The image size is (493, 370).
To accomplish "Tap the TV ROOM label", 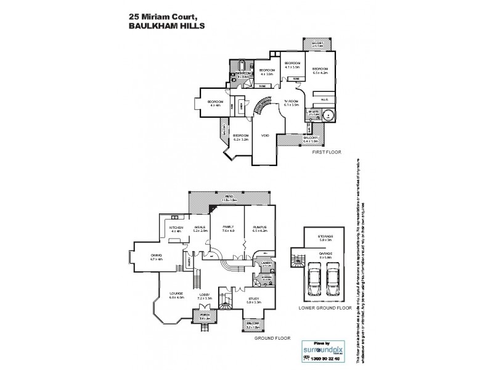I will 291,102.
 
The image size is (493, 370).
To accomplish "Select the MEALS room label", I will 199,228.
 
